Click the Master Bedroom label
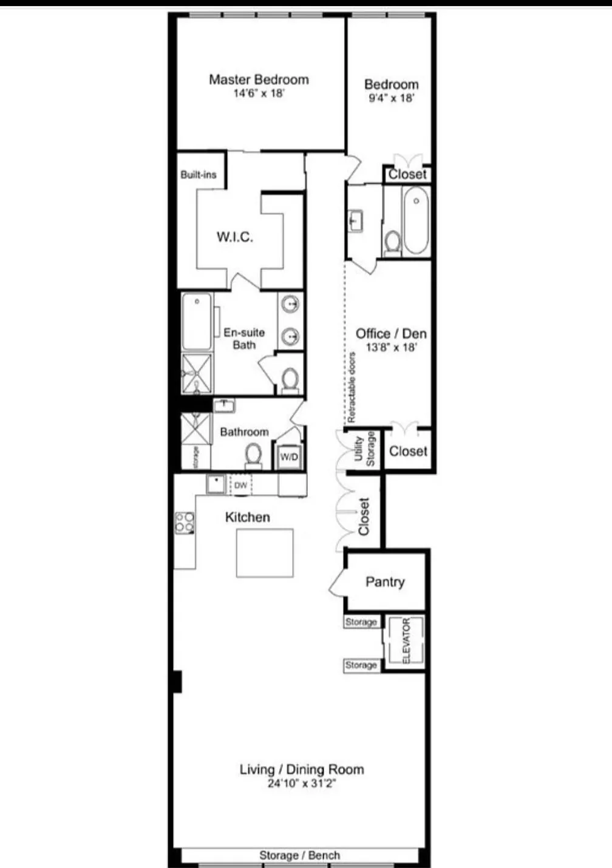[259, 80]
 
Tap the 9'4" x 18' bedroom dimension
[391, 98]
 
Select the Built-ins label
[199, 175]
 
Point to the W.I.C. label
[235, 237]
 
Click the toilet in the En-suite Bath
[290, 380]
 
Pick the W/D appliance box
[289, 456]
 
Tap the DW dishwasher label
[241, 485]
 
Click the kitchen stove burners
[185, 523]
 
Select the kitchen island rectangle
[265, 553]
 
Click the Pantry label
[385, 582]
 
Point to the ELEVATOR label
[406, 640]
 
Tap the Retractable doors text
[352, 387]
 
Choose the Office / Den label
[391, 333]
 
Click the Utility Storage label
[364, 450]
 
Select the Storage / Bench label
[299, 855]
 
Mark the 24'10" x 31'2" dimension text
[302, 784]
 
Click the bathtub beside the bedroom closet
[416, 220]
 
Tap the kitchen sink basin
[215, 484]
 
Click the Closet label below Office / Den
[408, 451]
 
